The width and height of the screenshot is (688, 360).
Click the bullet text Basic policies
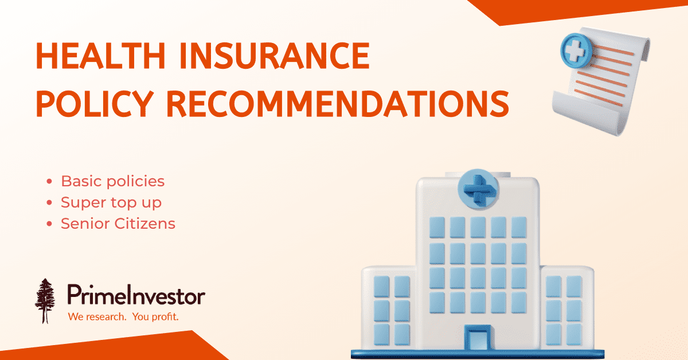[x=112, y=182]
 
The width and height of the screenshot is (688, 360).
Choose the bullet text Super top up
[x=111, y=202]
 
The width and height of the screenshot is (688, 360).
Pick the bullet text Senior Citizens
[x=118, y=223]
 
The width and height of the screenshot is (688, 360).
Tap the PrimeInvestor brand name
[x=136, y=296]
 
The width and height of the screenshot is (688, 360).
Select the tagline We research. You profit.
[x=123, y=316]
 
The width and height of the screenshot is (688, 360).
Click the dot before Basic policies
[x=50, y=182]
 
